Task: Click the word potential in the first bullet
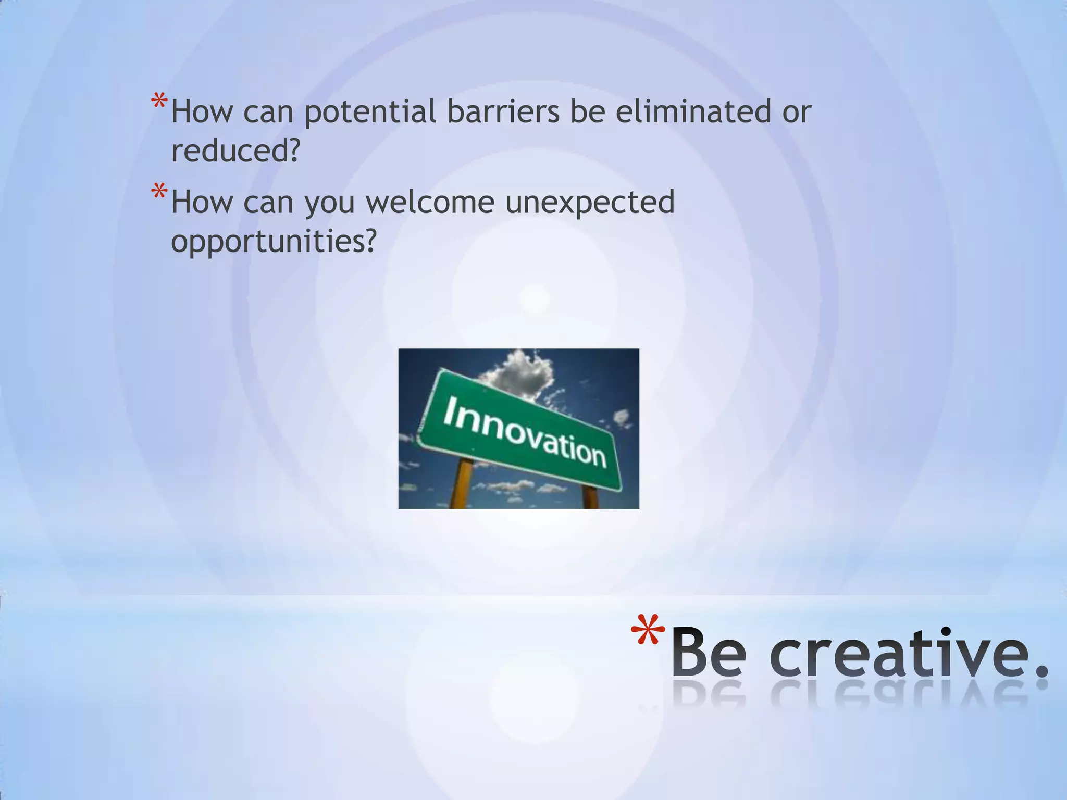coord(370,113)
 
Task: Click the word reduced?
coord(235,151)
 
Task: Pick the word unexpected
coord(590,203)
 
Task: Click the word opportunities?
coord(273,241)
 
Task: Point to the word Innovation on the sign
coord(524,432)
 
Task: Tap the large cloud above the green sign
coord(519,372)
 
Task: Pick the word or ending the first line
coord(797,113)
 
